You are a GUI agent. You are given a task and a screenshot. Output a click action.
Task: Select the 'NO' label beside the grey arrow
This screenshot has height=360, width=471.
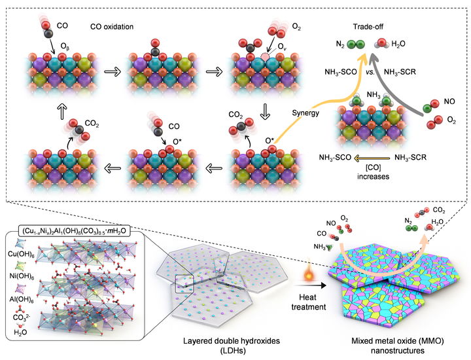tap(447, 103)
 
